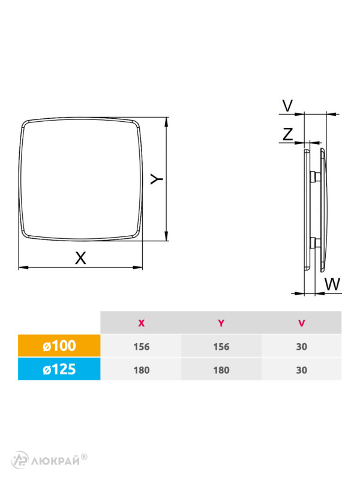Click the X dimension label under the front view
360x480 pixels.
tap(80, 257)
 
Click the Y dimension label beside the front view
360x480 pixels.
tap(156, 179)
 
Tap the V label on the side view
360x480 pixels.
tap(287, 106)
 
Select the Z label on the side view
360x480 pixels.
tap(288, 134)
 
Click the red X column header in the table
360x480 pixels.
tap(141, 323)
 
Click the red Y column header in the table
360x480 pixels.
tap(221, 323)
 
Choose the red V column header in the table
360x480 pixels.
tap(301, 323)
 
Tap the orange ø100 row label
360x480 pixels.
tap(59, 346)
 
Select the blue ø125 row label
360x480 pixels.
tap(59, 370)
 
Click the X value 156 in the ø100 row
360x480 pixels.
tap(141, 346)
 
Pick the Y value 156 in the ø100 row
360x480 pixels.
tap(221, 346)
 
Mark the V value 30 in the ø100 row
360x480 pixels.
tap(301, 346)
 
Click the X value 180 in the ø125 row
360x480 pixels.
tap(141, 370)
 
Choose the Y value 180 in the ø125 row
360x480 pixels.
tap(221, 370)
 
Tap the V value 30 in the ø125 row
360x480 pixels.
tap(301, 370)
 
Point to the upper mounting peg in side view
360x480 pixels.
tap(314, 176)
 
